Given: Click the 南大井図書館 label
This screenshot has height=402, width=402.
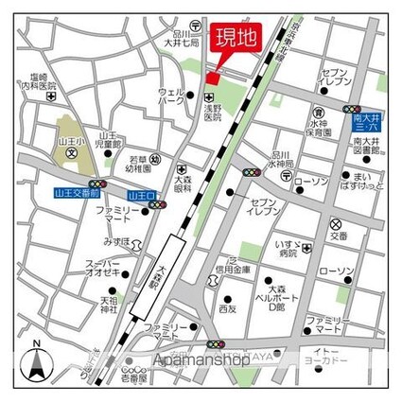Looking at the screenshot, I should coord(364,147).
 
